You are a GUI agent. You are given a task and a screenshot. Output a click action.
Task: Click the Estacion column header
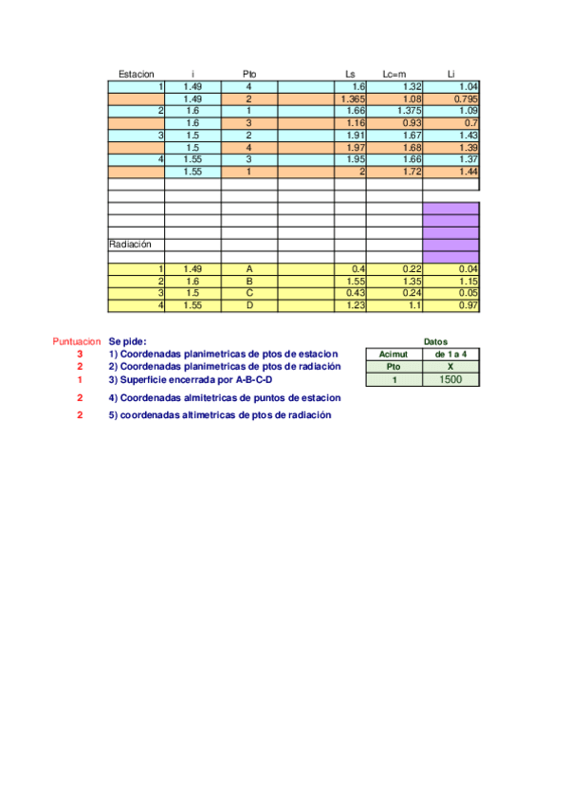click(x=136, y=74)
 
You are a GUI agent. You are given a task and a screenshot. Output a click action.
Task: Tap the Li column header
click(x=451, y=74)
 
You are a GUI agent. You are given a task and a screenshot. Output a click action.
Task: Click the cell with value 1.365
click(x=352, y=99)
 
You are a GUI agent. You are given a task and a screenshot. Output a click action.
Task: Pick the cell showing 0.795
click(x=464, y=99)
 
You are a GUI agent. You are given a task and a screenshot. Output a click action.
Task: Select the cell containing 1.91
click(x=356, y=136)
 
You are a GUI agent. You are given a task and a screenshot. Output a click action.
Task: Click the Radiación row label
click(x=130, y=244)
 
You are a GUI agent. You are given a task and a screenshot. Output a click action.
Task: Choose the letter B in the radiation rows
click(x=248, y=282)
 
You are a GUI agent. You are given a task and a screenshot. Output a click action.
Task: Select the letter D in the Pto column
click(x=248, y=306)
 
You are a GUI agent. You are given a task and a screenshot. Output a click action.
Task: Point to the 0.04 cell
click(x=467, y=269)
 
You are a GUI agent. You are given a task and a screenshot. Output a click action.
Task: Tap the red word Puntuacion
click(x=76, y=341)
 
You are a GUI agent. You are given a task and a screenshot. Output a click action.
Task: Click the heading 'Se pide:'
click(x=128, y=341)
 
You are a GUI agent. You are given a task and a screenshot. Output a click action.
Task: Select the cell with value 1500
click(x=450, y=379)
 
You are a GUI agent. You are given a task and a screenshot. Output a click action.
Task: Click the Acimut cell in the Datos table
click(x=393, y=354)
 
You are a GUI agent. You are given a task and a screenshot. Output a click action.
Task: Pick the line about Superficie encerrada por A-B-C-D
click(x=191, y=379)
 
